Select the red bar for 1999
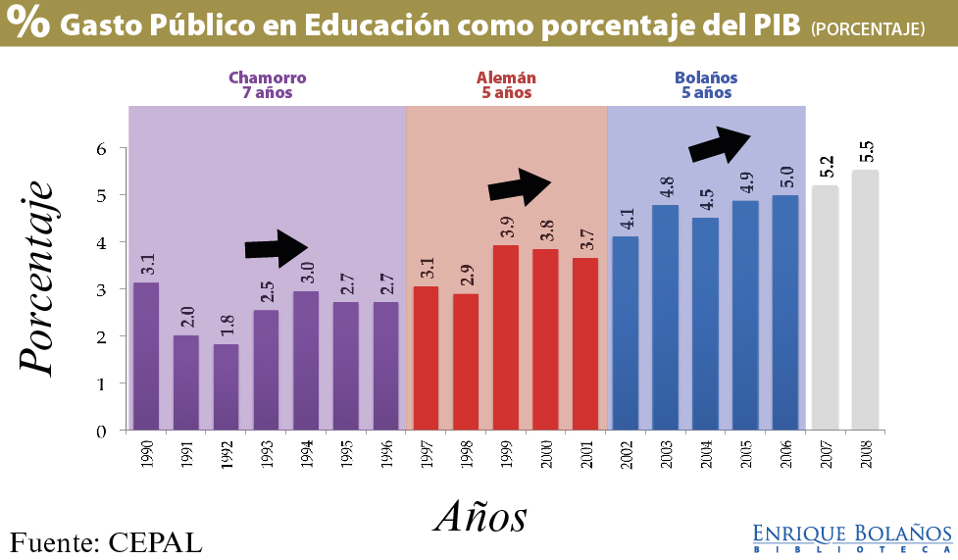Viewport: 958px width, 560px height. coord(506,337)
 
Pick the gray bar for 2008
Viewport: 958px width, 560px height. coord(865,300)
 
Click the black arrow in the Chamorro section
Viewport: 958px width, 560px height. coord(276,248)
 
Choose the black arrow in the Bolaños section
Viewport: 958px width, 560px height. coord(720,145)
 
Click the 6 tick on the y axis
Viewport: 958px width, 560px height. coord(99,148)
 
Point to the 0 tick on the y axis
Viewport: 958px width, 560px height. coord(99,431)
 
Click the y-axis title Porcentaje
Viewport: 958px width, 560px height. coord(36,277)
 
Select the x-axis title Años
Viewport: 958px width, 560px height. coord(480,515)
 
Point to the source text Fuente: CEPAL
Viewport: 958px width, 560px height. coord(106,541)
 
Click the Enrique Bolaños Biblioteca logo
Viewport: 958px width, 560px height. coord(852,537)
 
